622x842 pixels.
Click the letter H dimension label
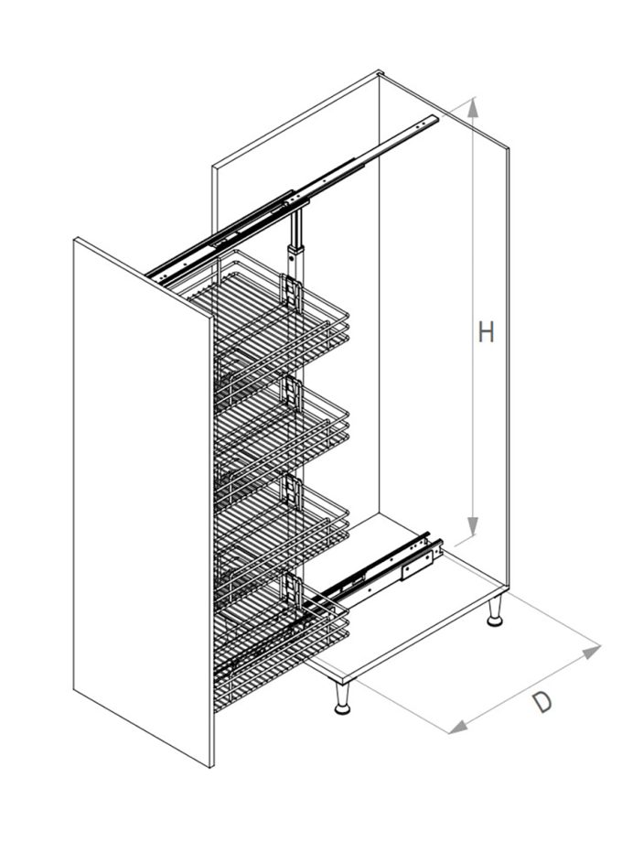[x=486, y=332]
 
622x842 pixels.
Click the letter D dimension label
[x=542, y=702]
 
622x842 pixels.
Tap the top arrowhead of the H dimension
[x=472, y=108]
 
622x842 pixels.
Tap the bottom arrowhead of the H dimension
[x=472, y=526]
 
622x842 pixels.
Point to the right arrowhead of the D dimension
[x=591, y=652]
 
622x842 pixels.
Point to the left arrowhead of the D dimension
[x=457, y=727]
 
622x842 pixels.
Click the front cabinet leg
[x=342, y=698]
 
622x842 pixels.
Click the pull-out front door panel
[x=144, y=502]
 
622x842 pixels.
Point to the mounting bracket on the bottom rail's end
[x=417, y=564]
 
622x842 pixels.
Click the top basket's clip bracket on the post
[x=290, y=293]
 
